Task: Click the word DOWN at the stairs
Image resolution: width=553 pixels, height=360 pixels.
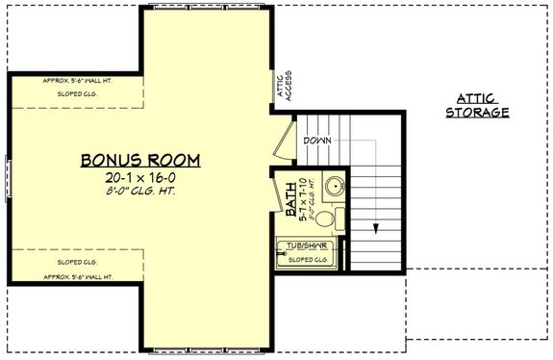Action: click(317, 141)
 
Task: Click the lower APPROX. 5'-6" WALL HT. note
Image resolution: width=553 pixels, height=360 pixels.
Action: click(79, 276)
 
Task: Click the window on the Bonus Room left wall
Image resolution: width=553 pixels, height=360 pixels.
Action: click(11, 179)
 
